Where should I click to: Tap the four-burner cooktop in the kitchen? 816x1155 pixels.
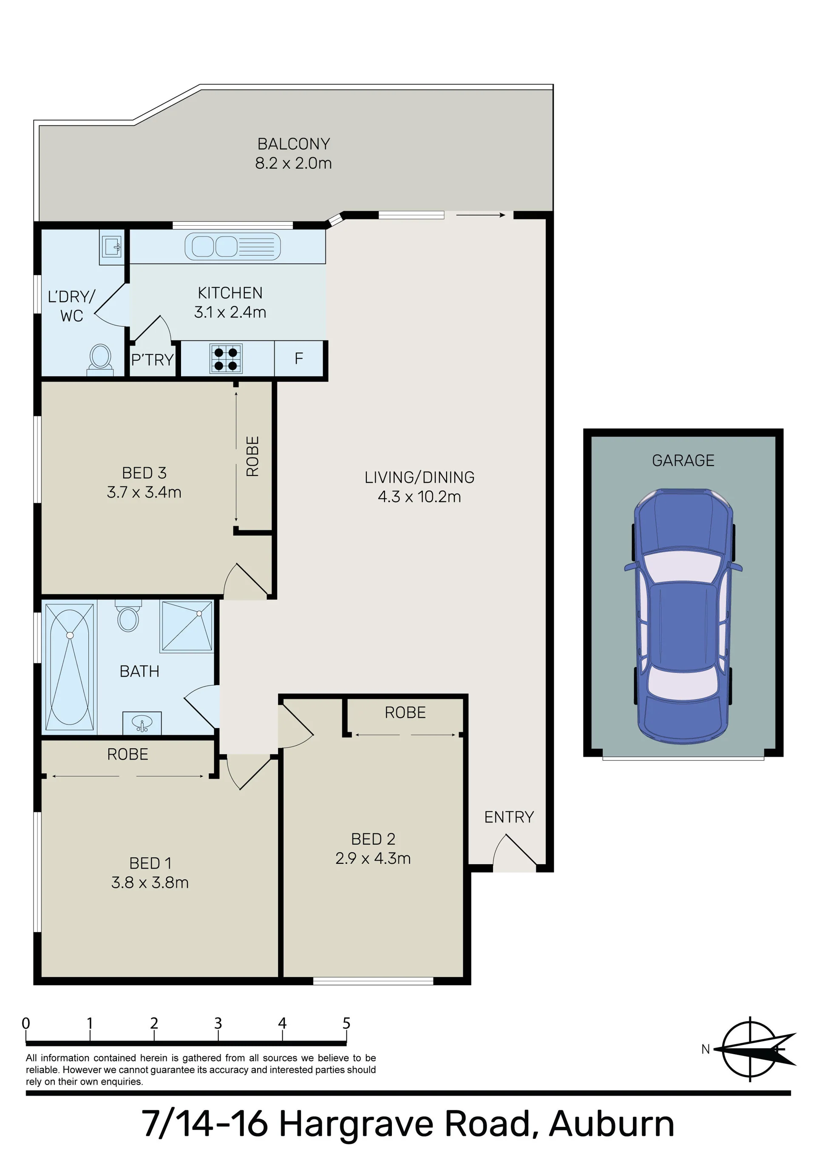(226, 359)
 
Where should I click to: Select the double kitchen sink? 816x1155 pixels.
(232, 247)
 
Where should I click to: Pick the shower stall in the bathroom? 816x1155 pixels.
(186, 627)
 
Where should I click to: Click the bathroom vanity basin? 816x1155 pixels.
(142, 724)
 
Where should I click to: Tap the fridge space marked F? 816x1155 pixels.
(299, 358)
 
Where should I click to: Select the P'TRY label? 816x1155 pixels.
(153, 360)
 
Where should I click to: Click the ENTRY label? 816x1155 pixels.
(509, 817)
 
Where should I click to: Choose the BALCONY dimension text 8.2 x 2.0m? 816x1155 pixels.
(293, 163)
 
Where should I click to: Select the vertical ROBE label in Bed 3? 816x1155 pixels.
(252, 456)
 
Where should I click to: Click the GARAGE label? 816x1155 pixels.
(683, 460)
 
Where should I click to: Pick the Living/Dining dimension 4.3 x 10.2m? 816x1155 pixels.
(419, 497)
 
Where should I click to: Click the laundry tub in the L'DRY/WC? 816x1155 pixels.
(111, 247)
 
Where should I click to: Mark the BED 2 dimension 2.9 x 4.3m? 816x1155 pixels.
(373, 858)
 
